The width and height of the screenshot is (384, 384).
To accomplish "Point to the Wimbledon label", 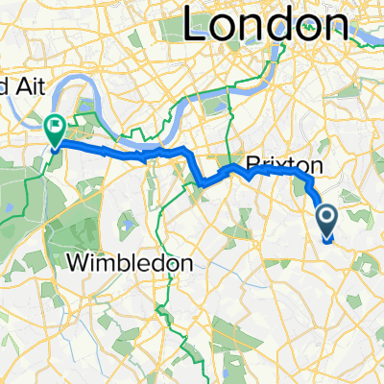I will tap(129, 262).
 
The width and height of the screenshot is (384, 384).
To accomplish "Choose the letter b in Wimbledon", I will tap(122, 262).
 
